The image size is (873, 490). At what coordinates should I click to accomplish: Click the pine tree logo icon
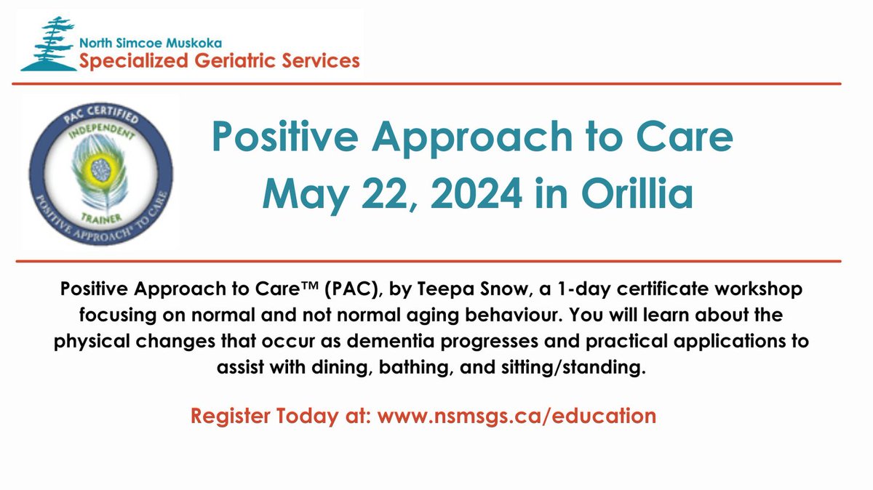click(49, 44)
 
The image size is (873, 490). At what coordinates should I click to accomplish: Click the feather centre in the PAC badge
click(101, 170)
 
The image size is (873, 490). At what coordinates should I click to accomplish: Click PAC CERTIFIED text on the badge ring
click(101, 113)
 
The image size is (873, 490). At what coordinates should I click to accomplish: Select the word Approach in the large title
click(472, 138)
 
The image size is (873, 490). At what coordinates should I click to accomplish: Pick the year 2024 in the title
click(477, 193)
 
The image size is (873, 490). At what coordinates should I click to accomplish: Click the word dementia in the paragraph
click(391, 341)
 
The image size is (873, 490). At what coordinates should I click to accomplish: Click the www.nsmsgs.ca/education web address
click(517, 416)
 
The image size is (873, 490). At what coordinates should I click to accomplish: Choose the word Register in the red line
click(230, 417)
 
